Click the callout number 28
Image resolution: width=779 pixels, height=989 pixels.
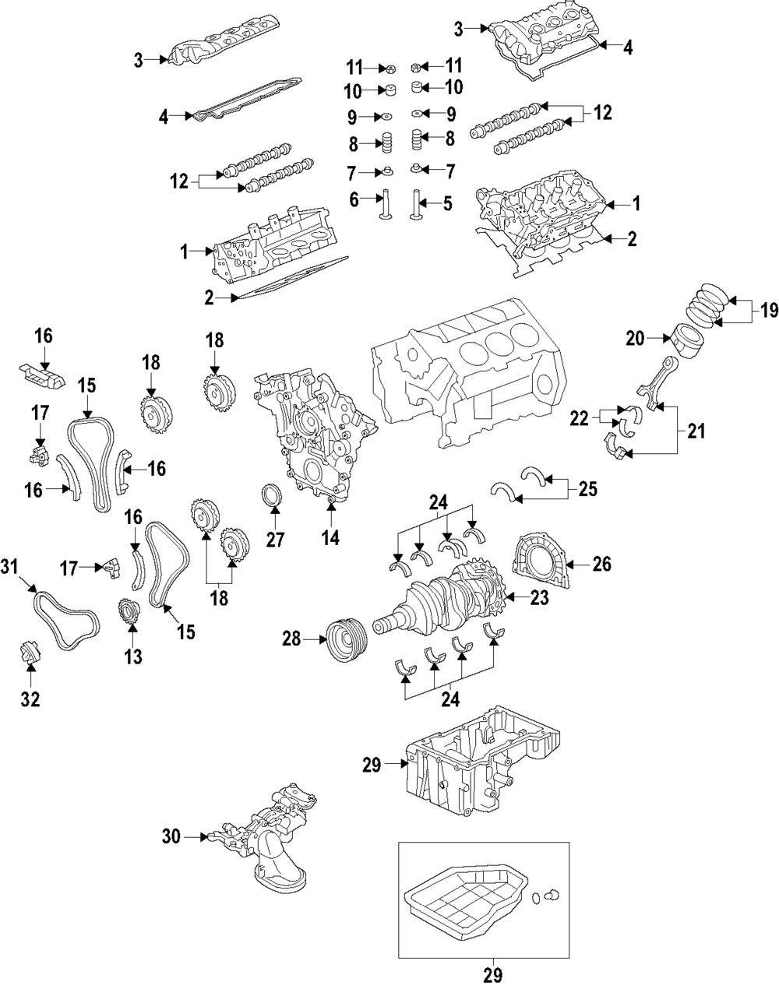tap(291, 640)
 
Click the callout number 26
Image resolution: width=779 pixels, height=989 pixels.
tap(602, 565)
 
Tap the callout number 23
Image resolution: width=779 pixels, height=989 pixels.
tap(539, 598)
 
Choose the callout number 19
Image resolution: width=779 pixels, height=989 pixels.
tap(768, 311)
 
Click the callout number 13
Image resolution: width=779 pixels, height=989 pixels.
tap(133, 656)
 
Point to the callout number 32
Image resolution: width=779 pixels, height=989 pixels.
tap(30, 699)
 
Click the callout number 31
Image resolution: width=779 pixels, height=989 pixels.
tap(9, 567)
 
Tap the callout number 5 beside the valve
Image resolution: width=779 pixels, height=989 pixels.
tap(447, 205)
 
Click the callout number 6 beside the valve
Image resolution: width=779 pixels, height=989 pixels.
tap(354, 200)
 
